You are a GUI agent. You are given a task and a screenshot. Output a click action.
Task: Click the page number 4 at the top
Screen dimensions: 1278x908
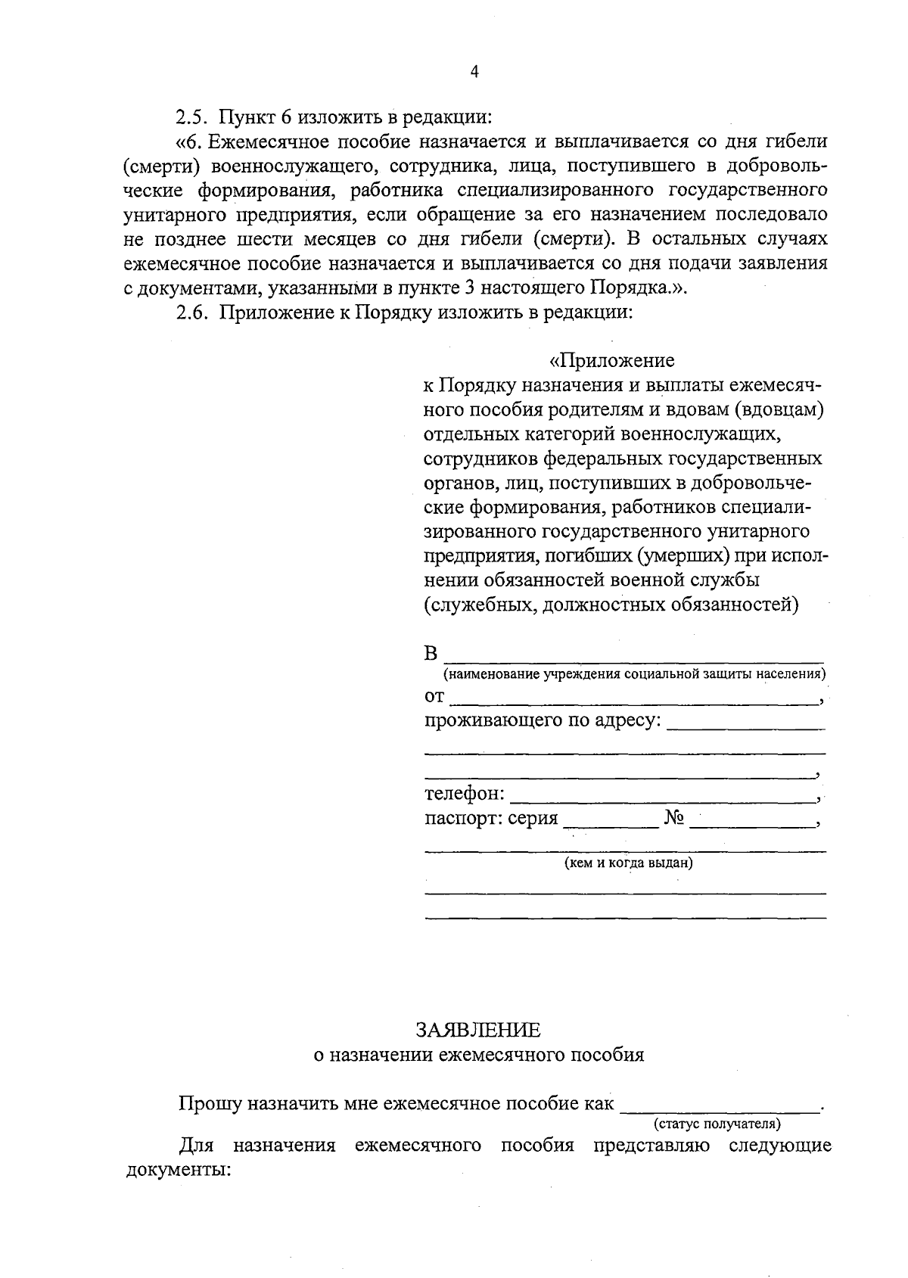474,72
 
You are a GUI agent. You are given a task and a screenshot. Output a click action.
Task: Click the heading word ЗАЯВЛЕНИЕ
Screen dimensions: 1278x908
478,1030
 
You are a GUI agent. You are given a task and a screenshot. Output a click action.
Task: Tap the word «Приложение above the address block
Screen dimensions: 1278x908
612,360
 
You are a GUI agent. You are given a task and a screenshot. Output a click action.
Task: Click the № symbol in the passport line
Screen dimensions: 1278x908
674,818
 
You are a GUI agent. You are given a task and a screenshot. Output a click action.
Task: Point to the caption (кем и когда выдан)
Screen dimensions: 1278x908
629,863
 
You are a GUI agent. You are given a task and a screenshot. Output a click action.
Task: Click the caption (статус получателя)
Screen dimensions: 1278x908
717,1124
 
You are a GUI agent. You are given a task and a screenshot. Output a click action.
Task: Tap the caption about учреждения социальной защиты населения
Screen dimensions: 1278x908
634,674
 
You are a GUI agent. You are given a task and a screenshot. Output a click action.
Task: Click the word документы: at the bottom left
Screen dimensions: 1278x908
176,1170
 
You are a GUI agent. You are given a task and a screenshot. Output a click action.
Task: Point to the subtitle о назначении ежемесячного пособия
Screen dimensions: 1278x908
478,1055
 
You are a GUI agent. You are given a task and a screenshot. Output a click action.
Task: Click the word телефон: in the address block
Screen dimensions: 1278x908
464,794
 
